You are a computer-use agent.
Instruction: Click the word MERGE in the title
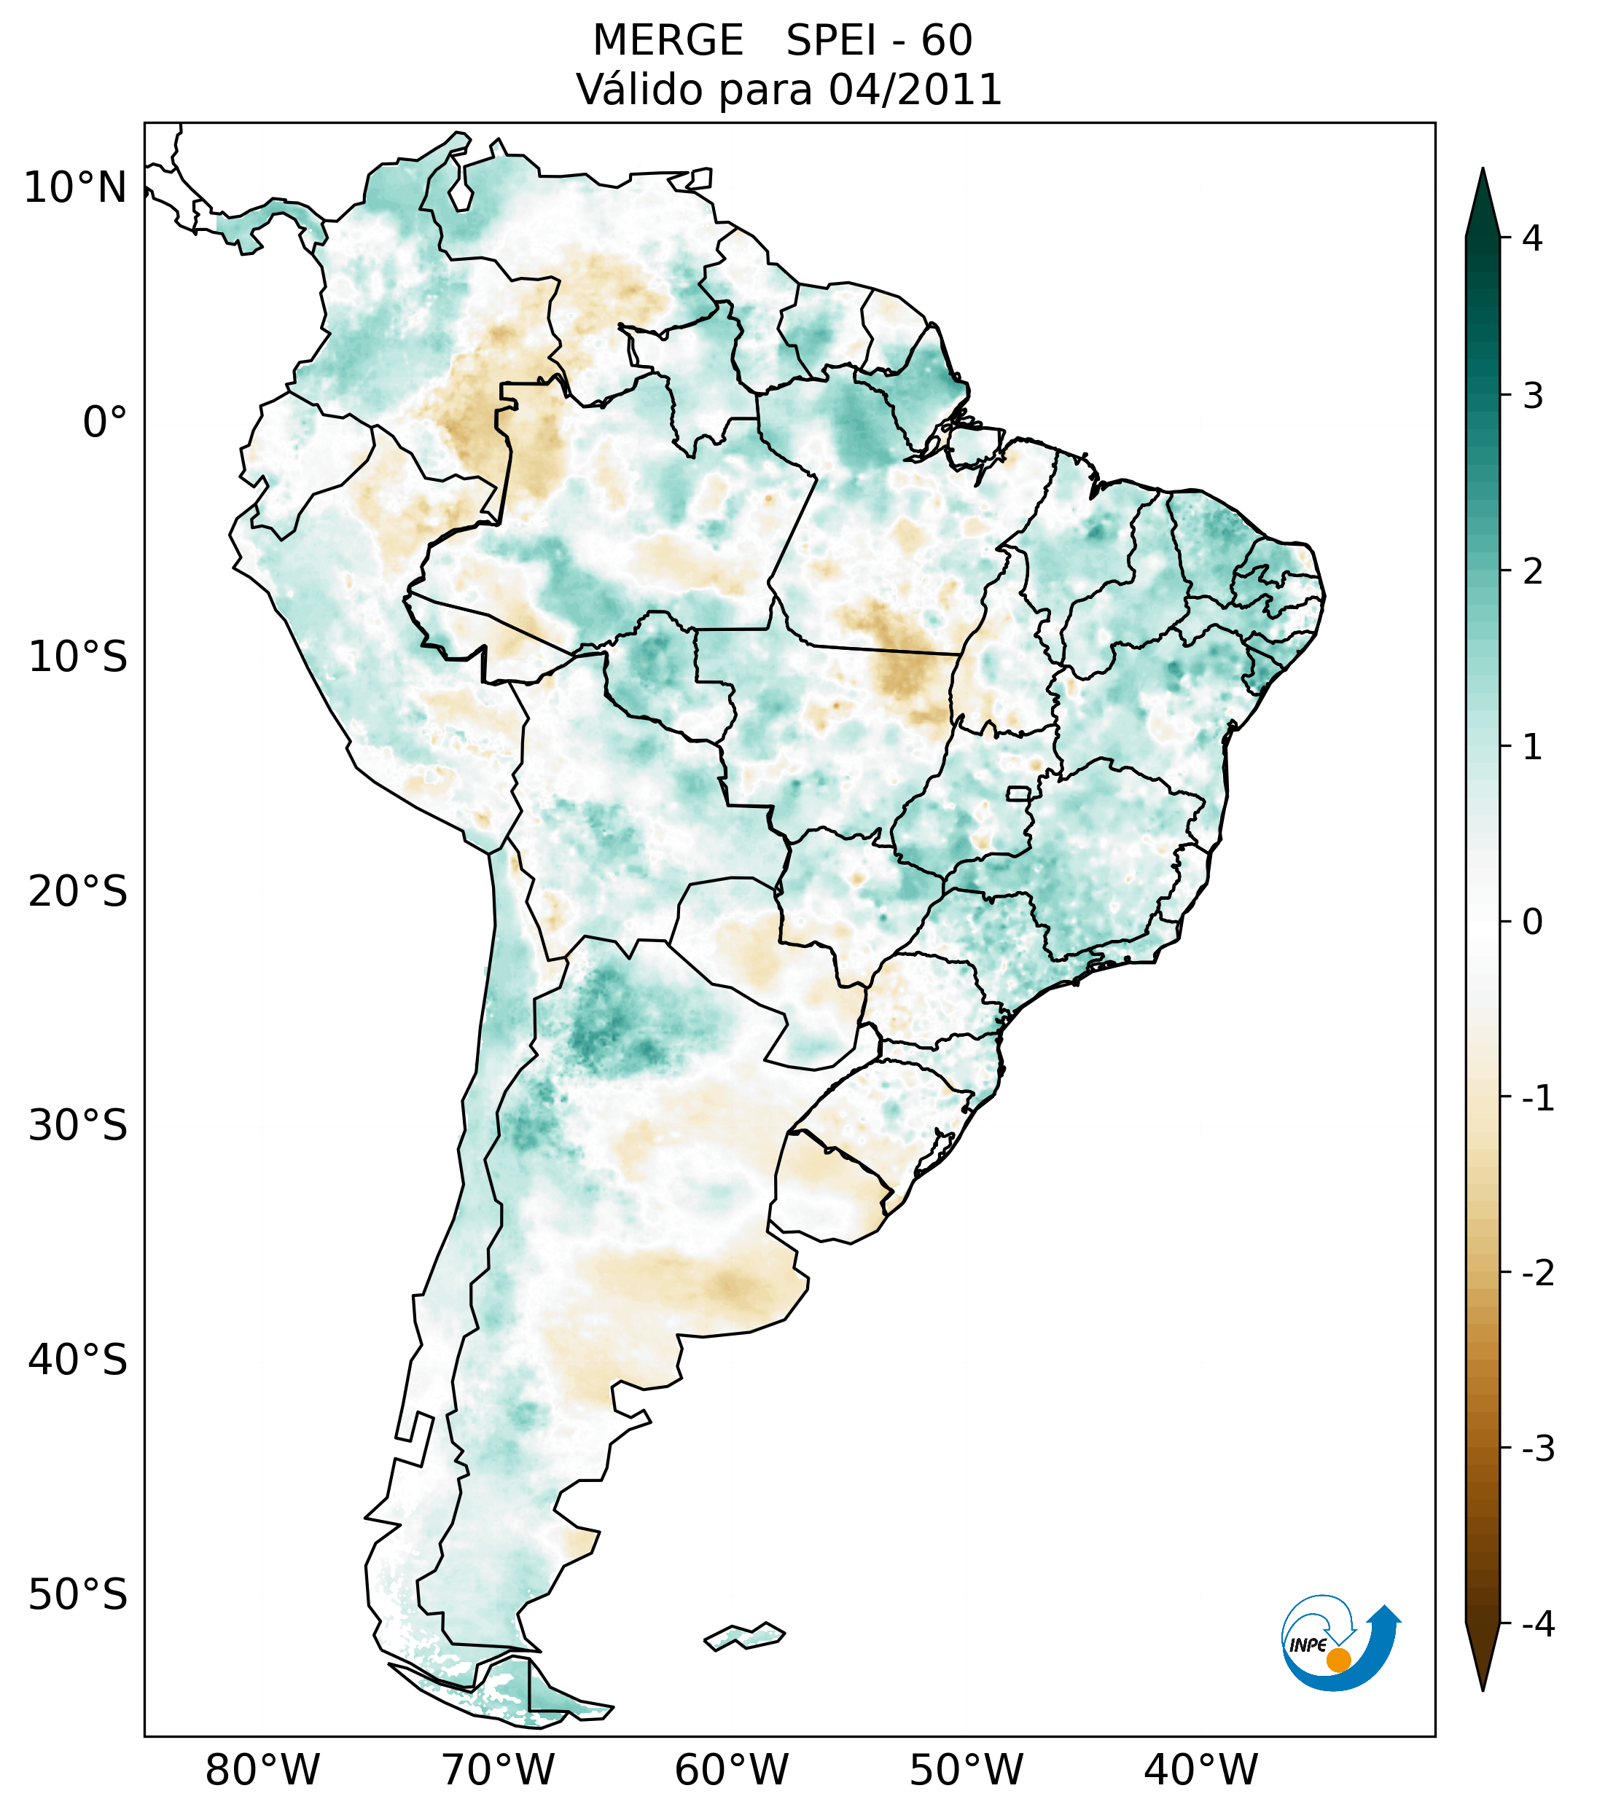coord(667,41)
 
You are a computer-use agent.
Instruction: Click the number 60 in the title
coord(946,41)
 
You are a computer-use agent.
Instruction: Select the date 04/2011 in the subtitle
coord(915,90)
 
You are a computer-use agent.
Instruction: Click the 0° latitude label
coord(105,423)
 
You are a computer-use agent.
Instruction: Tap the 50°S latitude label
coord(78,1595)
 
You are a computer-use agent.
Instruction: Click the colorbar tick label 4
coord(1532,238)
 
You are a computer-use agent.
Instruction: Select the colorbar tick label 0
coord(1532,922)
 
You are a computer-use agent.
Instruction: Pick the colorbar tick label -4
coord(1537,1624)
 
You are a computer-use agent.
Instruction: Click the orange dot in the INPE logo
coord(1338,1660)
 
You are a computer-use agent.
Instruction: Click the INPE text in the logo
coord(1308,1645)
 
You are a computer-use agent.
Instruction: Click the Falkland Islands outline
coord(744,1636)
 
